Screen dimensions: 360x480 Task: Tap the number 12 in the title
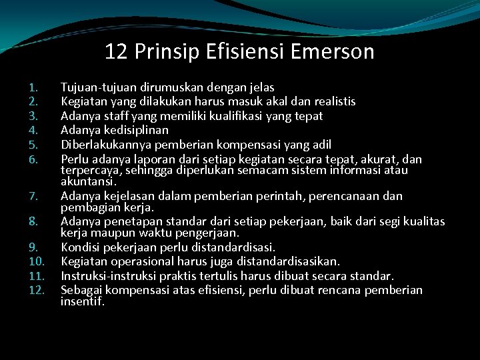115,51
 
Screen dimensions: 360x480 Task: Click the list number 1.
34,87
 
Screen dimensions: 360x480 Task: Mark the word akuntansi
89,181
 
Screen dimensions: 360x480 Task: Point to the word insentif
83,301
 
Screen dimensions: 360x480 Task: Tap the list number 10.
37,261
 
